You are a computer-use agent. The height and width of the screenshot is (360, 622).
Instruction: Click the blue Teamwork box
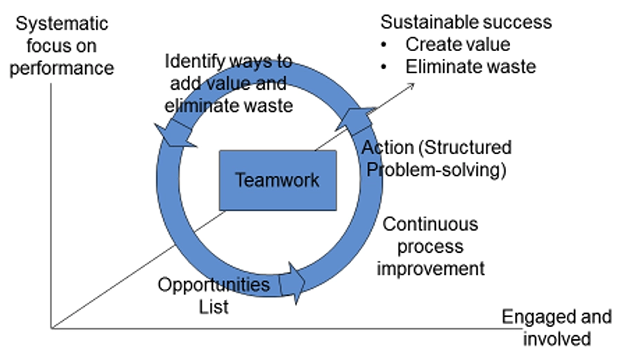278,180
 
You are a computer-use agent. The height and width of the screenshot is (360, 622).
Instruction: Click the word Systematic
62,23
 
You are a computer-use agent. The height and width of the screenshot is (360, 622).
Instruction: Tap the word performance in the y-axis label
62,68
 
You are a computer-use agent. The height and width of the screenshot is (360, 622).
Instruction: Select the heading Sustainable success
466,22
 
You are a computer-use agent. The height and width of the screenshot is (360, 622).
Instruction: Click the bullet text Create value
458,44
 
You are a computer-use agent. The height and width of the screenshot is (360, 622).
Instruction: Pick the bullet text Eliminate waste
471,66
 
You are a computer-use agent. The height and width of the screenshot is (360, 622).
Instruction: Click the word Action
388,147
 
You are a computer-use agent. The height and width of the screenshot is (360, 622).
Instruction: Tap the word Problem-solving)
436,170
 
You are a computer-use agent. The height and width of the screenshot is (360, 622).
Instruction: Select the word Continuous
431,225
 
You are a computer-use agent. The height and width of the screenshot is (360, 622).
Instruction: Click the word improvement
431,269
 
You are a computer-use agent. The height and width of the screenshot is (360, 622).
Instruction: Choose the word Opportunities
214,285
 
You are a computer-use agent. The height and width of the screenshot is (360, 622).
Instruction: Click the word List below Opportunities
214,307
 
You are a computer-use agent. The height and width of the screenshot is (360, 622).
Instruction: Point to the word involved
557,339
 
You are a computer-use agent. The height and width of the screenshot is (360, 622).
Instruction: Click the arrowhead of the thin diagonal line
413,84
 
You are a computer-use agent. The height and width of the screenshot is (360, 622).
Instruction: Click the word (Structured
465,147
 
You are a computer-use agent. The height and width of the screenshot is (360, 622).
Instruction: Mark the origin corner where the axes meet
51,328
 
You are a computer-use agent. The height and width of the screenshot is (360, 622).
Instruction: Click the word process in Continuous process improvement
431,247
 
